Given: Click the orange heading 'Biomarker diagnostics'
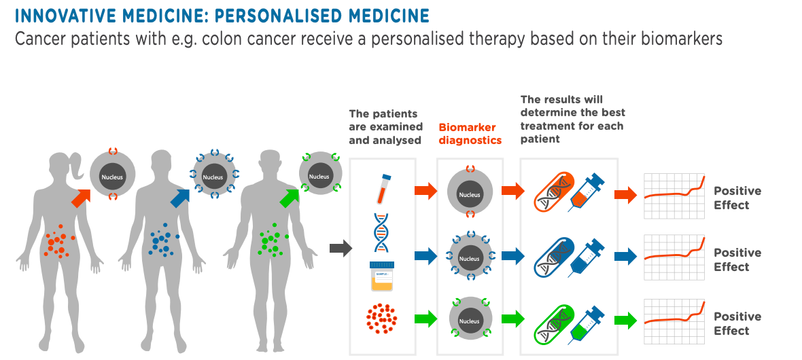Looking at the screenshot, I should click(470, 134).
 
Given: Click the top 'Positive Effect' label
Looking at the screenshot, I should click(737, 198).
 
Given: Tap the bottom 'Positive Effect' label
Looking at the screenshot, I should click(737, 323).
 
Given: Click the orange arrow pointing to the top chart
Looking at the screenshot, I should click(625, 196).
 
